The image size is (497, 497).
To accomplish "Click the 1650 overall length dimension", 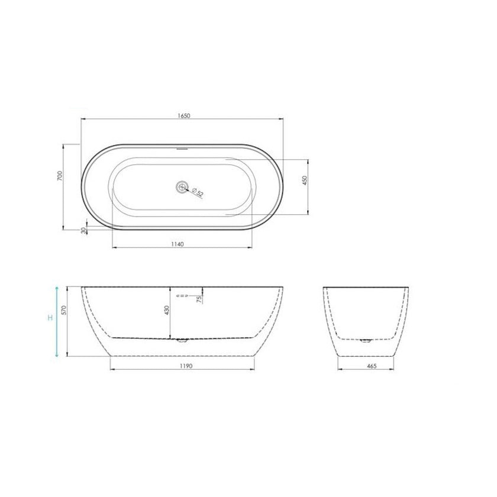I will pyautogui.click(x=182, y=114).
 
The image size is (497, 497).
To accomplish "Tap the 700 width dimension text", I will pyautogui.click(x=60, y=176).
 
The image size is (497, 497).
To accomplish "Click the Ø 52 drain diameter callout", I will pyautogui.click(x=198, y=192).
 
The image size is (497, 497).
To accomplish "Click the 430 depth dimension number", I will pyautogui.click(x=167, y=309).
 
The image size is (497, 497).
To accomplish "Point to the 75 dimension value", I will pyautogui.click(x=199, y=301).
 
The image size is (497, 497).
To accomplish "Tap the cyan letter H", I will pyautogui.click(x=51, y=319).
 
